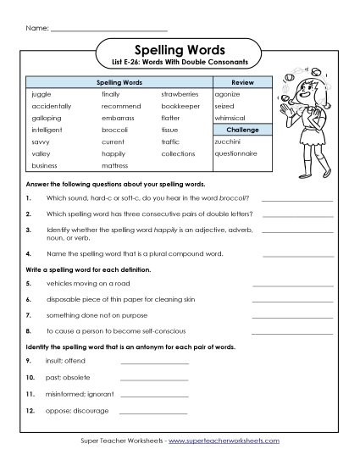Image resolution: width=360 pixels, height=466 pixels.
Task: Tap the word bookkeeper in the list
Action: click(181, 106)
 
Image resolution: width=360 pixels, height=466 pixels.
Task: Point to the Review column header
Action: click(243, 82)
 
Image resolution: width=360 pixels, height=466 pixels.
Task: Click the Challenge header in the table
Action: click(243, 130)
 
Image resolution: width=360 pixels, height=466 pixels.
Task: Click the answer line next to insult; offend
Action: click(154, 362)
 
